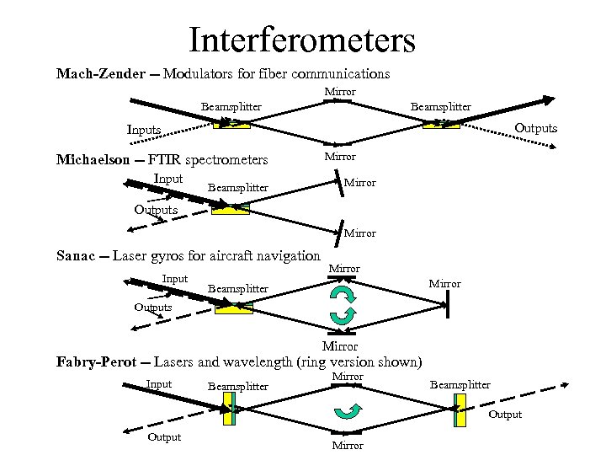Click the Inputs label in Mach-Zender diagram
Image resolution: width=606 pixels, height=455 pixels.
[144, 130]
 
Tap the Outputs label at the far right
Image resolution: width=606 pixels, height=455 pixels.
[535, 128]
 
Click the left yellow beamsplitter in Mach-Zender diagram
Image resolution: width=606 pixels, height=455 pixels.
[231, 124]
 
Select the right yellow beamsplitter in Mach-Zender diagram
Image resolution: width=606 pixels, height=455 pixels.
[440, 124]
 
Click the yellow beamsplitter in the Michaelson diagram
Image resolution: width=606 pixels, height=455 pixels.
[231, 208]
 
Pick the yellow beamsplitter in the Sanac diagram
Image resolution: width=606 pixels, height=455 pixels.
[233, 308]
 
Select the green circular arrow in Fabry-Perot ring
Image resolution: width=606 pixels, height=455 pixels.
[347, 411]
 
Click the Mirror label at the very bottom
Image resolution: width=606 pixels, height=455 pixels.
[348, 445]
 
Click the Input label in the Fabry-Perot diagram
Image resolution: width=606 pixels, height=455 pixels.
[159, 384]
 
